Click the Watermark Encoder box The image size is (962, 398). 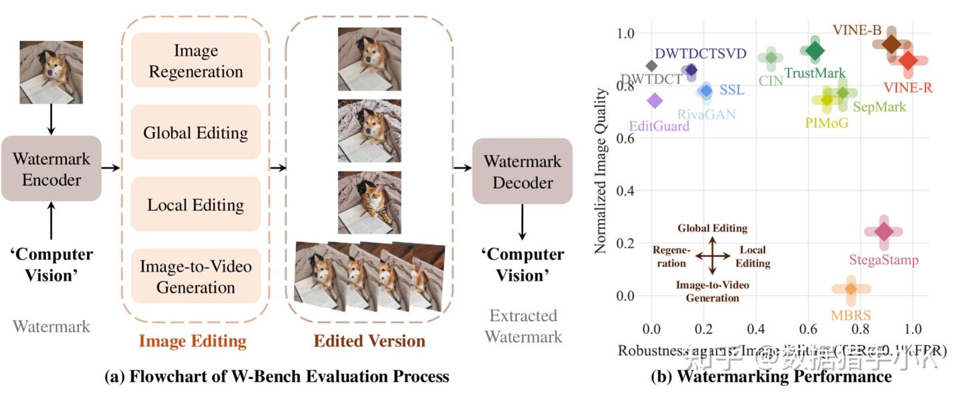[51, 168]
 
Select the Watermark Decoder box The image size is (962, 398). [522, 171]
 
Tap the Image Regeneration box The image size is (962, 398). [195, 60]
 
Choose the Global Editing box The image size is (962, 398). [195, 132]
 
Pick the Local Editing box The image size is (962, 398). [195, 204]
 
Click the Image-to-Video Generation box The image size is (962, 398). [195, 276]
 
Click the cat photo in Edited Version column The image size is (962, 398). [369, 202]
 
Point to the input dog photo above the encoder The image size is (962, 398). [51, 72]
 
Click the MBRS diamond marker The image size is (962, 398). [851, 288]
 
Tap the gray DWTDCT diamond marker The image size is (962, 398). [652, 65]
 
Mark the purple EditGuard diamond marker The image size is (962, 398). [655, 100]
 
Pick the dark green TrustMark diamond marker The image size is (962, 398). [814, 50]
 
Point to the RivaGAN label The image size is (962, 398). [706, 114]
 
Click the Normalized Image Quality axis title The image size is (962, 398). [601, 170]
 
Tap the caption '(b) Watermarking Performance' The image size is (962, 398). [771, 377]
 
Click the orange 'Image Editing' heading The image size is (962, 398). [193, 341]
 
